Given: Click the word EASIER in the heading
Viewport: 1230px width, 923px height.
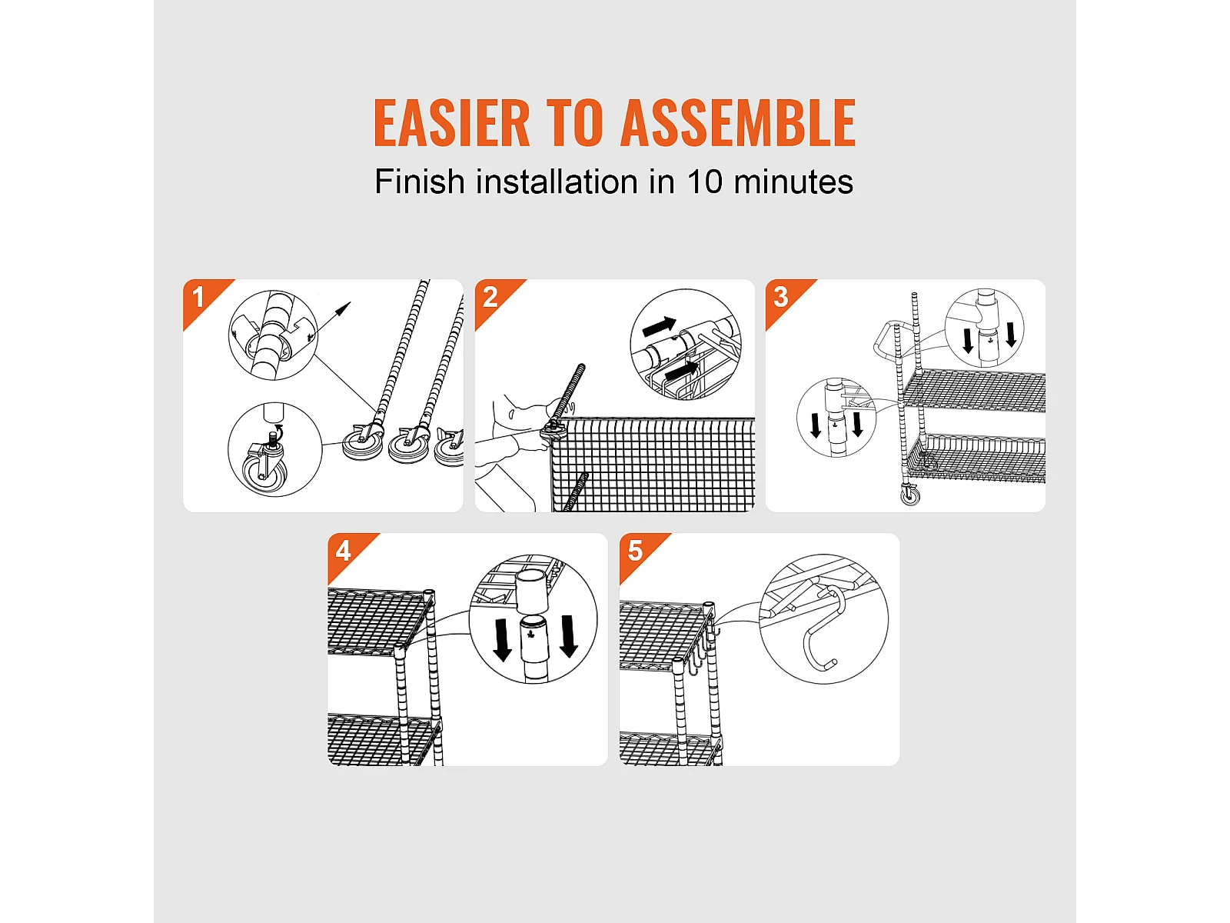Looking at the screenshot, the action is tap(451, 123).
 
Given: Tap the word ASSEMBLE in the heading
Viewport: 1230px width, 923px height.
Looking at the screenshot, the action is tap(738, 123).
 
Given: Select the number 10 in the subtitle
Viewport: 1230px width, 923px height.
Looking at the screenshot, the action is tap(704, 182).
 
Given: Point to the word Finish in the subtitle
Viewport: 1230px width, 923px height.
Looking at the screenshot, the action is tap(420, 182).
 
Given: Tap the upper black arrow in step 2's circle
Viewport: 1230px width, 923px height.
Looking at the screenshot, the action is tap(660, 326).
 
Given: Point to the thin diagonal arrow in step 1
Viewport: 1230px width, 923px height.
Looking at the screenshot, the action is tap(330, 321).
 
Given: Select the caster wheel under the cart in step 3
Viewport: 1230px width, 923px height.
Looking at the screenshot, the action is tap(911, 495).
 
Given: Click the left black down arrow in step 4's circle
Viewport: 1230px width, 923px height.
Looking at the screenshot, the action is tap(501, 640).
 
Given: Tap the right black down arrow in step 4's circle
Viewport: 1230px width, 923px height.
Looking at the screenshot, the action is tap(569, 636).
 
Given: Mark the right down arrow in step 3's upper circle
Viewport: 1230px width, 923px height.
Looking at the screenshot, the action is tap(1011, 335).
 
